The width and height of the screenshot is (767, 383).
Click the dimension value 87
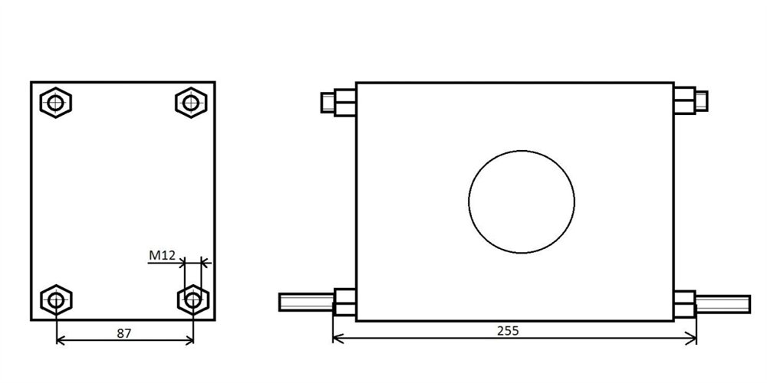click(123, 332)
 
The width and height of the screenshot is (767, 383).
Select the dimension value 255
click(508, 331)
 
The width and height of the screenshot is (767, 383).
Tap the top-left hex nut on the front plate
click(56, 102)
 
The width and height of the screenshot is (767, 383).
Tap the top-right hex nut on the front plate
click(191, 102)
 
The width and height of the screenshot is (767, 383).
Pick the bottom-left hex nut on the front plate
click(56, 300)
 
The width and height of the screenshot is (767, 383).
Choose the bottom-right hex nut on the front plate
click(193, 300)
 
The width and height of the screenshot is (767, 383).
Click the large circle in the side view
click(522, 201)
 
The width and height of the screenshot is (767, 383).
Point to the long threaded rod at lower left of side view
click(305, 303)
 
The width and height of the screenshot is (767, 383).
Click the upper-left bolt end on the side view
click(328, 102)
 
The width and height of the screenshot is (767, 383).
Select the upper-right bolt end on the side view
click(701, 100)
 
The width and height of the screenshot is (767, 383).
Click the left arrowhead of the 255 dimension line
click(337, 338)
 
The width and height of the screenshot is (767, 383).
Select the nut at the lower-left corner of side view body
click(344, 303)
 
